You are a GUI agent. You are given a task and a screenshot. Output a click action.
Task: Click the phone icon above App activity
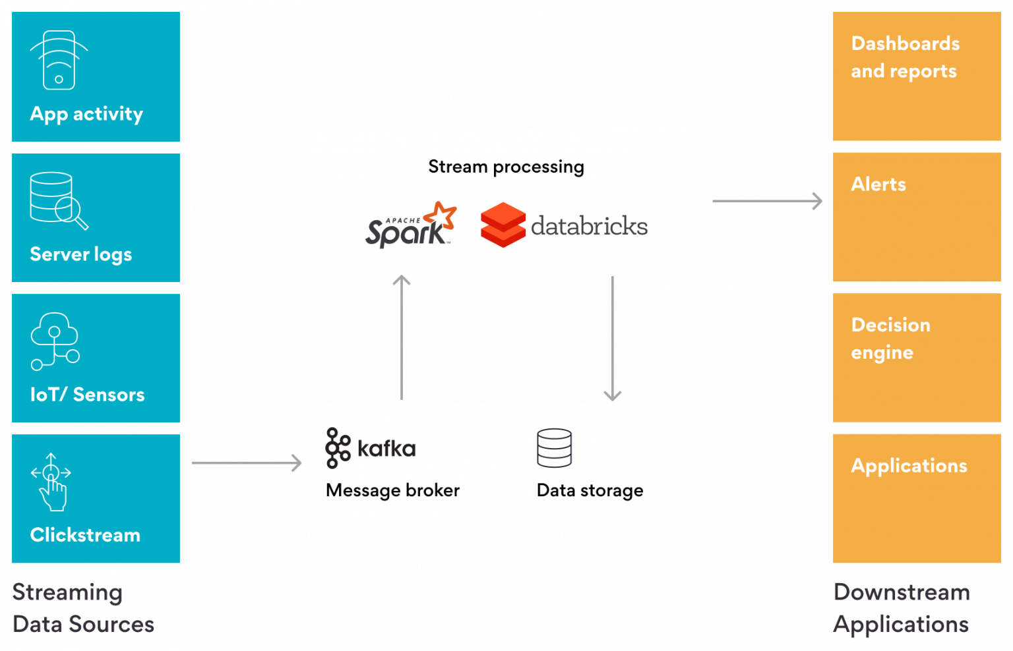point(59,60)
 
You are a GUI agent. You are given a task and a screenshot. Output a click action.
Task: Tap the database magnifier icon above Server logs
point(59,200)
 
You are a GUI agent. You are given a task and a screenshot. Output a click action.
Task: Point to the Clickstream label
point(85,535)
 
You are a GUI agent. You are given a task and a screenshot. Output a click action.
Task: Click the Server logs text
point(81,254)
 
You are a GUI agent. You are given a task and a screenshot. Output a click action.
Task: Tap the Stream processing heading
point(506,167)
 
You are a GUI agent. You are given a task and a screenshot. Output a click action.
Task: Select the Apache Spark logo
point(411,225)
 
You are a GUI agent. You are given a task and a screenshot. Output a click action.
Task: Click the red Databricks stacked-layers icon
point(503,225)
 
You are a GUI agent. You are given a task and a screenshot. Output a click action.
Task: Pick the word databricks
point(589,225)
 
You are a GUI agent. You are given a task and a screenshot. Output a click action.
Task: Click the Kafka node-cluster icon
point(338,447)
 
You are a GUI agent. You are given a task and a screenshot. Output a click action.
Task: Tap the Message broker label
point(392,490)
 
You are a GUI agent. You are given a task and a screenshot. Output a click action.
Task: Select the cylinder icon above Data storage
point(555,447)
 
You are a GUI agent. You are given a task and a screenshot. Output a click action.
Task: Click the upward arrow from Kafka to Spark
point(402,337)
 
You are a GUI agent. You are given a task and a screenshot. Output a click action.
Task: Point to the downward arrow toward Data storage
point(613,339)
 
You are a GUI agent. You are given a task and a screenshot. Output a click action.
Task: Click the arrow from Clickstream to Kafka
point(247,463)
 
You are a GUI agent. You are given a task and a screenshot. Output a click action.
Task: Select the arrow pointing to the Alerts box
point(768,200)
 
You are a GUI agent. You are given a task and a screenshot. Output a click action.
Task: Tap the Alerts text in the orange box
point(878,184)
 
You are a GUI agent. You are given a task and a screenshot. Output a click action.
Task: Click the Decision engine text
point(890,339)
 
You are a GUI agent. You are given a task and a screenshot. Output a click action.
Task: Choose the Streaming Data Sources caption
point(83,608)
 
